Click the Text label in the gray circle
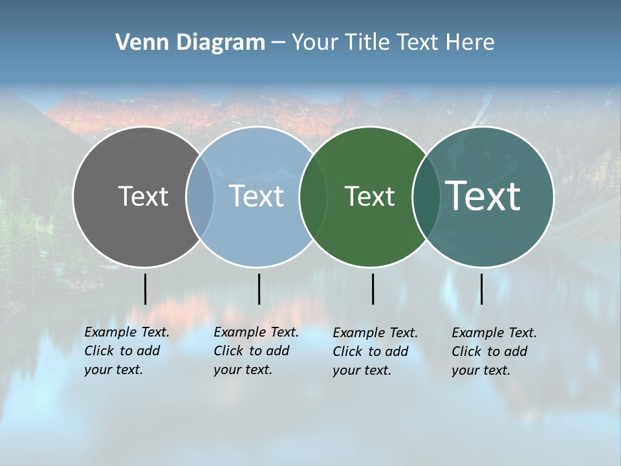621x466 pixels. pyautogui.click(x=143, y=196)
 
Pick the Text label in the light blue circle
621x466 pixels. pyautogui.click(x=256, y=196)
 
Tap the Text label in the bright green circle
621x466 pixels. pyautogui.click(x=369, y=196)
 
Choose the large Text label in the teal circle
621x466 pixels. pyautogui.click(x=483, y=196)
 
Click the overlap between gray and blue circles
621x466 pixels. pyautogui.click(x=200, y=197)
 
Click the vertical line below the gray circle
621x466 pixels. pyautogui.click(x=146, y=289)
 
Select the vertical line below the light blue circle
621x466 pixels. pyautogui.click(x=259, y=289)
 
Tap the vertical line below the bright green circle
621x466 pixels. pyautogui.click(x=373, y=289)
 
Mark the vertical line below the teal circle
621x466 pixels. pyautogui.click(x=481, y=289)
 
